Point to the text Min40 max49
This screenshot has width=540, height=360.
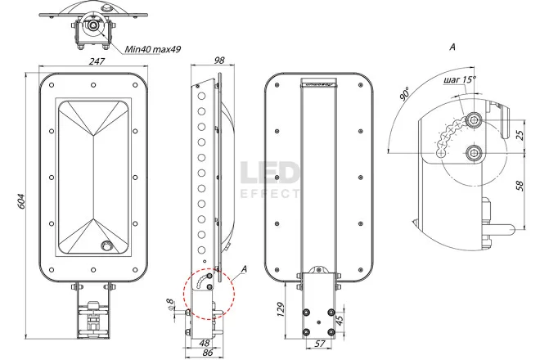click(x=153, y=50)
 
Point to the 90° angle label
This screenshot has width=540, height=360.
click(x=403, y=96)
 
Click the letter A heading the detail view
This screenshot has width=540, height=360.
click(x=452, y=47)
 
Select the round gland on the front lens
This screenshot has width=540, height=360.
click(x=106, y=245)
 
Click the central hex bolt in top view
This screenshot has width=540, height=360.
click(x=95, y=25)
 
